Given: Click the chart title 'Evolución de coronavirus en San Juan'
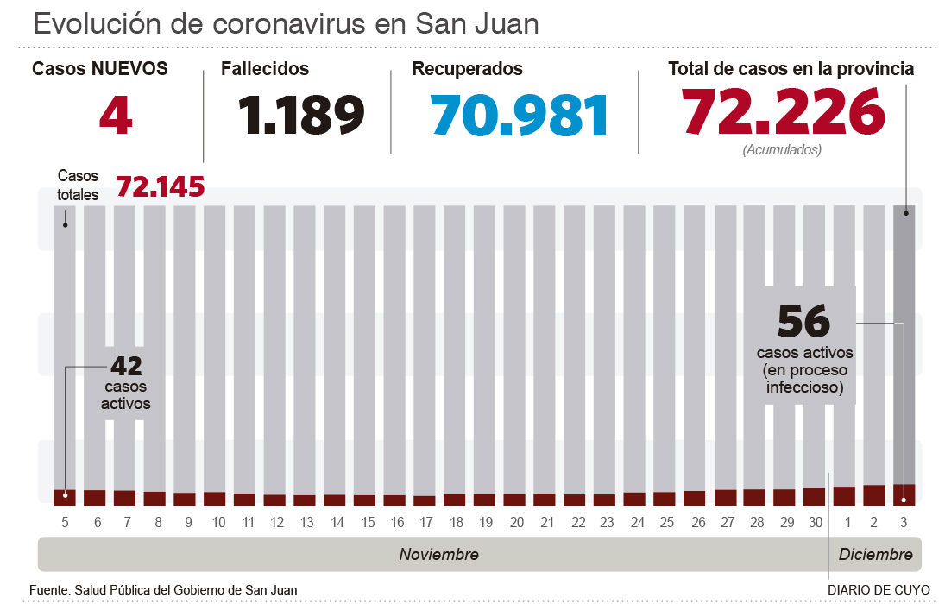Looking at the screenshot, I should [286, 23].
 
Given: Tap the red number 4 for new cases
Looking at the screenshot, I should [116, 115].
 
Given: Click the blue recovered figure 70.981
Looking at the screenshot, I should [520, 115].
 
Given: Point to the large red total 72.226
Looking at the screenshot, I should [784, 113].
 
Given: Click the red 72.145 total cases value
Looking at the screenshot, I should [161, 186].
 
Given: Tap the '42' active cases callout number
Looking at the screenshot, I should [125, 365].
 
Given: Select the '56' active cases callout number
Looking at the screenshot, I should [803, 321].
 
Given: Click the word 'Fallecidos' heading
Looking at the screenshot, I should [265, 69].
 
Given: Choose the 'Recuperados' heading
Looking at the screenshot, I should [468, 69].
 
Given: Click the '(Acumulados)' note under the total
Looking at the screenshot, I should [782, 149].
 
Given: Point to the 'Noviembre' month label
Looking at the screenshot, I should [438, 554].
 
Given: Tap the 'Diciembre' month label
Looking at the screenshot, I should [875, 554].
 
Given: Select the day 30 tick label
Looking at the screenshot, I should [814, 523].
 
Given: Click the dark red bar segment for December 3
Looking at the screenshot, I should [904, 493].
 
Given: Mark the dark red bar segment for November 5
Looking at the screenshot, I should [65, 496].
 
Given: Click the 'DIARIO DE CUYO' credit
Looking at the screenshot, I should [879, 590].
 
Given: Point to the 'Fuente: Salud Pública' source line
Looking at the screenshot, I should [163, 590].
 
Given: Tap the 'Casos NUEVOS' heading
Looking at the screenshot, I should [100, 69].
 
